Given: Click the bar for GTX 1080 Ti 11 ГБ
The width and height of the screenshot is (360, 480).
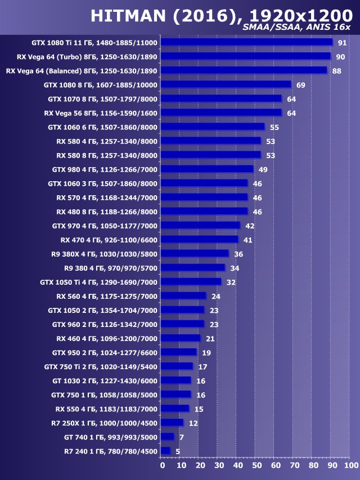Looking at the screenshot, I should pyautogui.click(x=246, y=42).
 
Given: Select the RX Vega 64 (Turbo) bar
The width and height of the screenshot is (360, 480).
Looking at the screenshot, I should pyautogui.click(x=245, y=56).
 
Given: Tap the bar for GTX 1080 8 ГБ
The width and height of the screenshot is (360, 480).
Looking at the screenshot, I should pyautogui.click(x=226, y=84).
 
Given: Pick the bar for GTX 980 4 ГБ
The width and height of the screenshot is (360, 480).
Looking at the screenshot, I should pyautogui.click(x=206, y=169).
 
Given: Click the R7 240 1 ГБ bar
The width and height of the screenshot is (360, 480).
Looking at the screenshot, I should pyautogui.click(x=165, y=451).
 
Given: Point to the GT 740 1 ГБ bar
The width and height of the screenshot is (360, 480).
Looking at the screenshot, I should pyautogui.click(x=167, y=437).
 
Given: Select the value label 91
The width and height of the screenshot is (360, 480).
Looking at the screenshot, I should pyautogui.click(x=342, y=43).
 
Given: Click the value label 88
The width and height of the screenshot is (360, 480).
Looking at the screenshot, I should pyautogui.click(x=336, y=71).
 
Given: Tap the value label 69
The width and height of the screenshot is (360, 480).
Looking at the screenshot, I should pyautogui.click(x=300, y=85).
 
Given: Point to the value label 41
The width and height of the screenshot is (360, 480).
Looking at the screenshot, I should pyautogui.click(x=247, y=240).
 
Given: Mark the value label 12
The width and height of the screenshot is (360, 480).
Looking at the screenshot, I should pyautogui.click(x=193, y=423).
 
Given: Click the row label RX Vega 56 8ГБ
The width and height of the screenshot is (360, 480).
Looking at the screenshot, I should pyautogui.click(x=101, y=113).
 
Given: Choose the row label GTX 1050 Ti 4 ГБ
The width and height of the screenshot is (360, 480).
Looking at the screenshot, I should pyautogui.click(x=99, y=282).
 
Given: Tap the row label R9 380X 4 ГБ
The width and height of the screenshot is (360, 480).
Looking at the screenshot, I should pyautogui.click(x=104, y=254).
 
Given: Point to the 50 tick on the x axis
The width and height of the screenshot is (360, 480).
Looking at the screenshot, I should pyautogui.click(x=256, y=465).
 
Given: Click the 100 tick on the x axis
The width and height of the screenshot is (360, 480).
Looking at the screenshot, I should pyautogui.click(x=349, y=465).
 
